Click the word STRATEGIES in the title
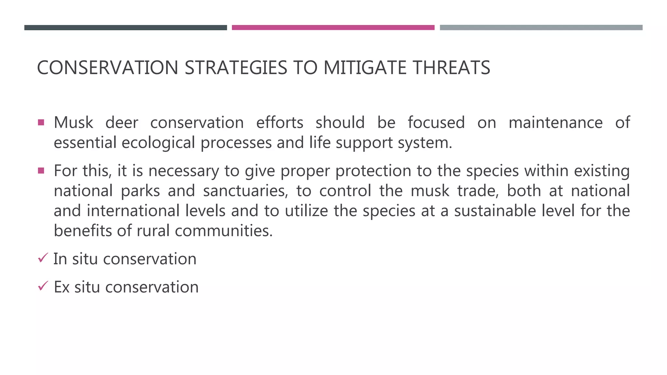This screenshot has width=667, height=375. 236,68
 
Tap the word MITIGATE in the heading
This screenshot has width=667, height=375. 365,68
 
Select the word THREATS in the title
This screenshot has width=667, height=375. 451,68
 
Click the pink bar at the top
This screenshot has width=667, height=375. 333,28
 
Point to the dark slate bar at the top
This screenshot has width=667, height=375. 125,28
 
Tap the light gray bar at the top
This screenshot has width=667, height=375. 541,28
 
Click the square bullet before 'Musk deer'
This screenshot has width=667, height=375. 41,123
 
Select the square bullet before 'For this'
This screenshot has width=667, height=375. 41,171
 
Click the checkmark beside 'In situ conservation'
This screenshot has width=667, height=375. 43,258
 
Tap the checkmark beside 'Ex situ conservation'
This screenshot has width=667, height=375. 43,286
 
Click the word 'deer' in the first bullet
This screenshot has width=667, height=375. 122,123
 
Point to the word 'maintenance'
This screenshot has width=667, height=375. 555,123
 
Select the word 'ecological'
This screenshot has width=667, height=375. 158,143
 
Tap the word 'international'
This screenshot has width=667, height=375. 133,211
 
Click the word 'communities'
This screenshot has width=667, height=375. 223,231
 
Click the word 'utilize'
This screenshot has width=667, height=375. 306,211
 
